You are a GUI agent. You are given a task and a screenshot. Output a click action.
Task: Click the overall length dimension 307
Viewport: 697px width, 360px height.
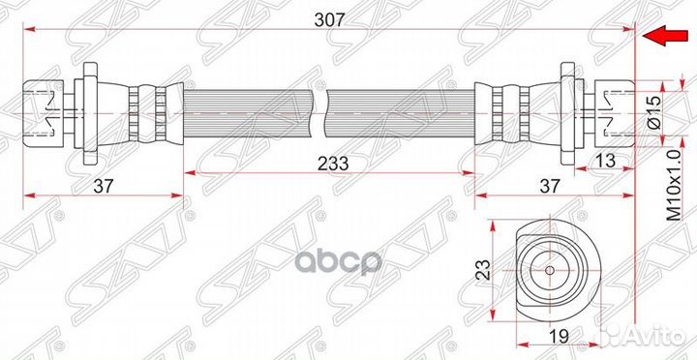tap(329, 20)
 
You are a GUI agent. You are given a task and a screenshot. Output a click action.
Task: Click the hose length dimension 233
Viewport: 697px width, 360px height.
tap(333, 164)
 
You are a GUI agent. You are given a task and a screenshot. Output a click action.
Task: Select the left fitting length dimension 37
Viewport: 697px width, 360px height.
tap(104, 186)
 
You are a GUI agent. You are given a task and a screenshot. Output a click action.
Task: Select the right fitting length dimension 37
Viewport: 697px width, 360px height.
tap(549, 186)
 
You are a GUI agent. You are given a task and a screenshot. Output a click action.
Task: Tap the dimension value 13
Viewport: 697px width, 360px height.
tap(605, 161)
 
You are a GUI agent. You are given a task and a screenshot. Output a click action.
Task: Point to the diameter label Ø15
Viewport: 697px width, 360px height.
tap(653, 113)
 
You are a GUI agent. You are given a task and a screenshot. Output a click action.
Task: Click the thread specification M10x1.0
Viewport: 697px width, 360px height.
tap(675, 186)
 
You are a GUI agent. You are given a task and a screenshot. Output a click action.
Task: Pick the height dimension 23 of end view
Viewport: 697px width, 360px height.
tap(484, 269)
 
